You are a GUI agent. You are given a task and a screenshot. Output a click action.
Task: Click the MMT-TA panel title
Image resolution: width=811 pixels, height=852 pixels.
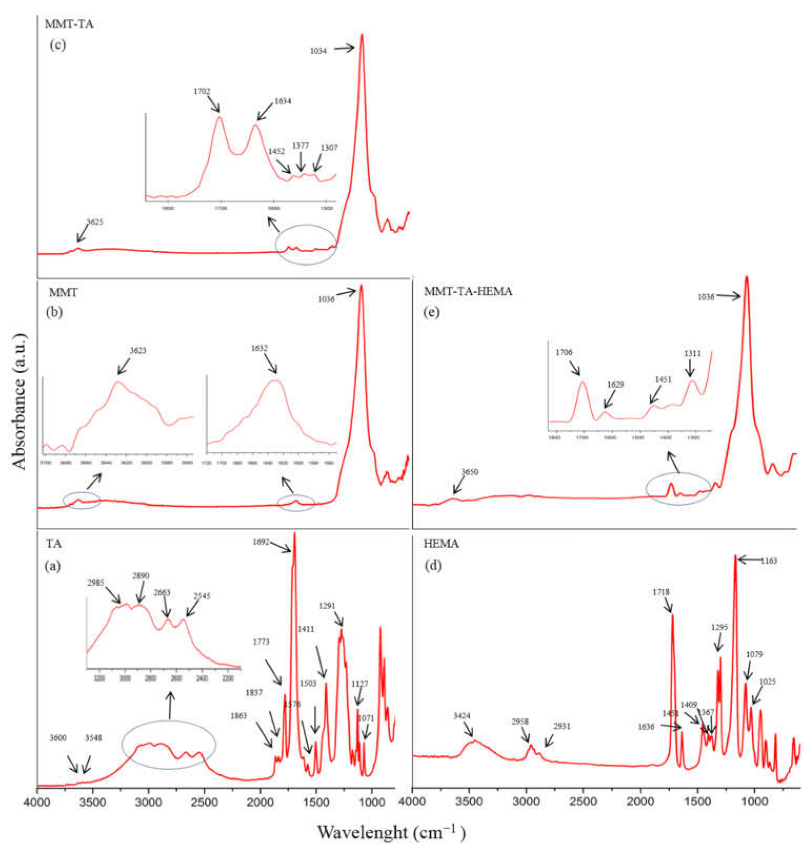point(69,24)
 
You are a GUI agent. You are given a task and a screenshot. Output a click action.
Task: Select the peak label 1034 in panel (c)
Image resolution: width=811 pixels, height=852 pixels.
point(318,51)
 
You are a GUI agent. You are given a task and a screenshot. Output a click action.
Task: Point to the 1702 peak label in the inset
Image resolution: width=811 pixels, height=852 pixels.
point(202,91)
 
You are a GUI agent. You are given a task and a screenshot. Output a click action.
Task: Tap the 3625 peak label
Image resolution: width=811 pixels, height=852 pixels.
point(95,222)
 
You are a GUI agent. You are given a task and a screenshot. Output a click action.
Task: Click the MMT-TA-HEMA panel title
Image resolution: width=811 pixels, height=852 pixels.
point(468,292)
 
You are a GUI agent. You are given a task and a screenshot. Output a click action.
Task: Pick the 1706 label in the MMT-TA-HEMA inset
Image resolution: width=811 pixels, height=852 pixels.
point(564,353)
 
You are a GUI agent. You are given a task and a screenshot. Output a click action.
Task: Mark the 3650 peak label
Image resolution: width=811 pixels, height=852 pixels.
point(469,472)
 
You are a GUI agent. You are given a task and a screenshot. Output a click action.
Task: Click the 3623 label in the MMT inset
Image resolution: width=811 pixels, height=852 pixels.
point(138,351)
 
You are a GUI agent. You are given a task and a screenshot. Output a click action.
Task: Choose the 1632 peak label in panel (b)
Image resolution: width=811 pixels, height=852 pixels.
point(260,348)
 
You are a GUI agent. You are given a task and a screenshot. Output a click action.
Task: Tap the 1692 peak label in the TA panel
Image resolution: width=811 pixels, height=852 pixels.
point(261,541)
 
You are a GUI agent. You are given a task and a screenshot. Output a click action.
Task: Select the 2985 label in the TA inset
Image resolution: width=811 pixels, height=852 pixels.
point(96,583)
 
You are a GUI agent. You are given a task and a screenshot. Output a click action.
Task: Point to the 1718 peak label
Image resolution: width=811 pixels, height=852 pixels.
point(661,592)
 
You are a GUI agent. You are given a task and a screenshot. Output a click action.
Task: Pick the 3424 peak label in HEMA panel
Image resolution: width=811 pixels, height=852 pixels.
point(462,716)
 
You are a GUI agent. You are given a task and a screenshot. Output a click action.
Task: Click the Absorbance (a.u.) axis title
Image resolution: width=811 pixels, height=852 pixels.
point(19,401)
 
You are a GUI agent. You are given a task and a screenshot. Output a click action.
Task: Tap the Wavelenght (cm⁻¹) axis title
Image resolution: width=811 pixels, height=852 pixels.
point(390,832)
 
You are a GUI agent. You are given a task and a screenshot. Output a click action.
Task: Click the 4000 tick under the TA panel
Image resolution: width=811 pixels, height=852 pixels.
point(37,801)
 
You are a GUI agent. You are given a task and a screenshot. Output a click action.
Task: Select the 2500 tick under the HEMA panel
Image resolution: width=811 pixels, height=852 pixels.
point(584,801)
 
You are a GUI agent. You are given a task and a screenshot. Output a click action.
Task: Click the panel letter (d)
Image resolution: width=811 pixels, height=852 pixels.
point(434,566)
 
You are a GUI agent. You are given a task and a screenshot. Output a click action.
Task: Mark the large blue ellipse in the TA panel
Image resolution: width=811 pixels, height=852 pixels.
point(169,745)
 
